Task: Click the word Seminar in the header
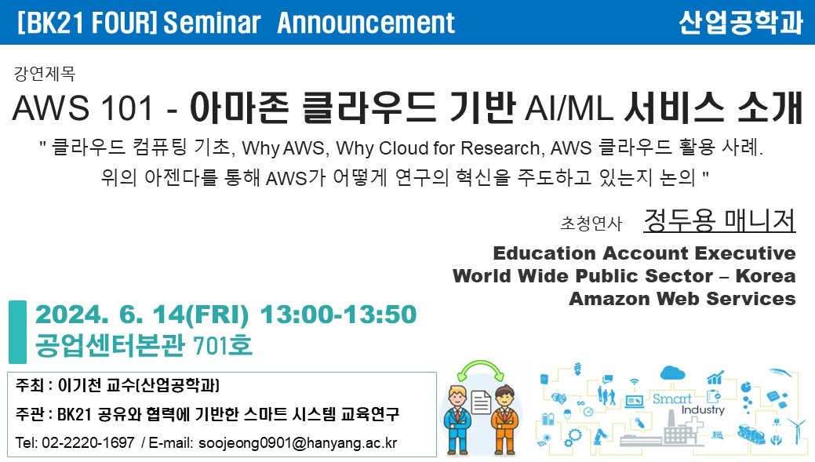pyautogui.click(x=212, y=22)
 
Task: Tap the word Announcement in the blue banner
pyautogui.click(x=366, y=22)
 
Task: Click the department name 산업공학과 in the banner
pyautogui.click(x=740, y=22)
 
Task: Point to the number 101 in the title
pyautogui.click(x=127, y=108)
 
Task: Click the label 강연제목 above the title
pyautogui.click(x=45, y=73)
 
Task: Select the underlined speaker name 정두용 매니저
pyautogui.click(x=719, y=220)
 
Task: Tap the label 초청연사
pyautogui.click(x=591, y=223)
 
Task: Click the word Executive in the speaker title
pyautogui.click(x=745, y=253)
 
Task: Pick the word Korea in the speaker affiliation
pyautogui.click(x=766, y=276)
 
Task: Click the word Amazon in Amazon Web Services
pyautogui.click(x=610, y=299)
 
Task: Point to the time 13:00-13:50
pyautogui.click(x=338, y=315)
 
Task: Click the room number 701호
pyautogui.click(x=223, y=345)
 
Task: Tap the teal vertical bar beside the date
pyautogui.click(x=18, y=332)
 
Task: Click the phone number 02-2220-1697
pyautogui.click(x=88, y=442)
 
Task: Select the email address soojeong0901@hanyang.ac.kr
pyautogui.click(x=298, y=442)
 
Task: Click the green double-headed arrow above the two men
pyautogui.click(x=481, y=366)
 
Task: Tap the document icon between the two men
pyautogui.click(x=481, y=403)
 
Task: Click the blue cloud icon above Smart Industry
pyautogui.click(x=672, y=373)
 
